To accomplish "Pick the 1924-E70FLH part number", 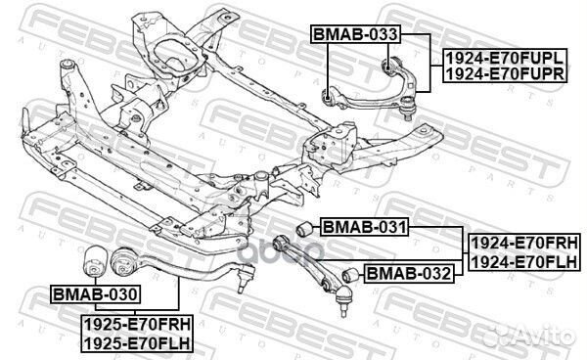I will click(x=525, y=261).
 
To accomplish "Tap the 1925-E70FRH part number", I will click(x=134, y=325).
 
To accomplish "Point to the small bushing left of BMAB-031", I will click(x=301, y=229).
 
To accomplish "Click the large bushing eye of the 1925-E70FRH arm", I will click(x=125, y=262).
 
